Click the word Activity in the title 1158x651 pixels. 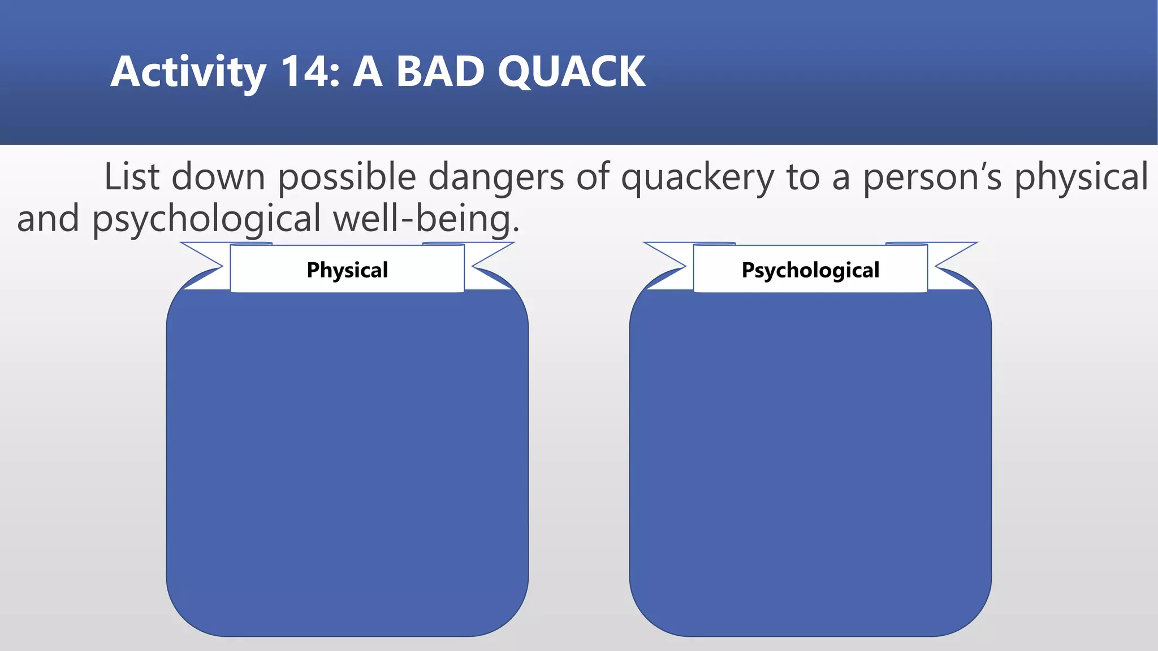tap(188, 72)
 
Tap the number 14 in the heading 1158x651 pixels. tap(305, 72)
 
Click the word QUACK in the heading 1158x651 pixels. tap(571, 72)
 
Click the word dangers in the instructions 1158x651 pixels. tap(496, 177)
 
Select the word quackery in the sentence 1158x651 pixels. tap(697, 177)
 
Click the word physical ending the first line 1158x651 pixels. tap(1081, 177)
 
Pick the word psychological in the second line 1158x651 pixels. tap(206, 219)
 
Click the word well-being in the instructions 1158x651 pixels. tap(425, 219)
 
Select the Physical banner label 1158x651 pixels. tap(347, 270)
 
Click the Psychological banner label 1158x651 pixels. tap(810, 270)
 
